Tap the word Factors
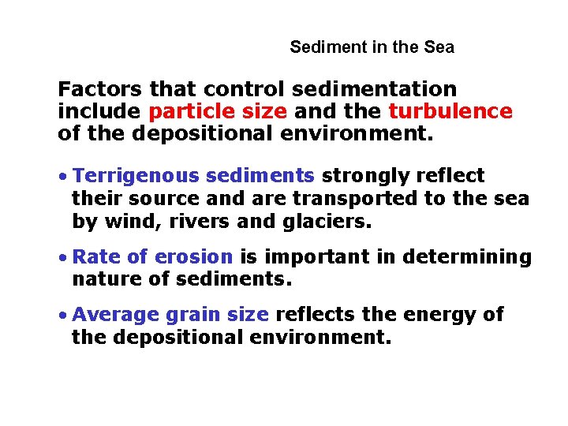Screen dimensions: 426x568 pyautogui.click(x=101, y=90)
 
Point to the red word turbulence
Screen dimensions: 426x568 pyautogui.click(x=450, y=111)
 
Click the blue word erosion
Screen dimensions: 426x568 pyautogui.click(x=194, y=257)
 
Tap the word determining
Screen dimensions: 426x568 pyautogui.click(x=468, y=257)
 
